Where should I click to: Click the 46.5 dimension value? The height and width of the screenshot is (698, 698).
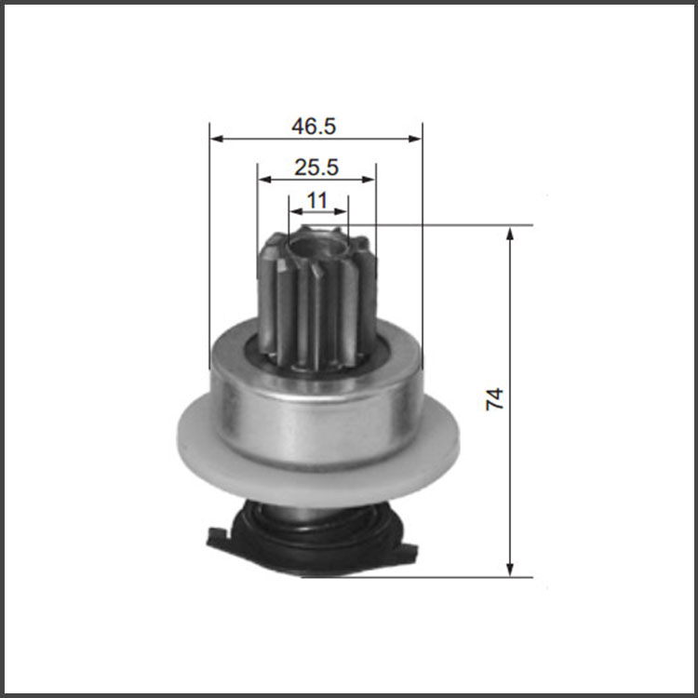(x=314, y=126)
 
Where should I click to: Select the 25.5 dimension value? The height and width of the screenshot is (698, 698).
(x=316, y=168)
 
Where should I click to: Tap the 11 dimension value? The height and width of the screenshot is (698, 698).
(x=317, y=200)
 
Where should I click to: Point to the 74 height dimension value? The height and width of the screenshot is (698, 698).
(x=494, y=399)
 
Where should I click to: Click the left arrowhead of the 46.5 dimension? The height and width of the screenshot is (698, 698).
(x=216, y=139)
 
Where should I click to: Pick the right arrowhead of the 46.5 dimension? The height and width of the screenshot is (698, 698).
(x=415, y=139)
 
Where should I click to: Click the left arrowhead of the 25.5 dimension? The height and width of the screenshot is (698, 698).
(x=264, y=180)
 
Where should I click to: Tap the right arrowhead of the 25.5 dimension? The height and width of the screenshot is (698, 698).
(x=369, y=180)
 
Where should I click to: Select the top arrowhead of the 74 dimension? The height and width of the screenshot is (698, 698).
(x=510, y=234)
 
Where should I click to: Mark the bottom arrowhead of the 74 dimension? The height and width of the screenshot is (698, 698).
(x=510, y=570)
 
